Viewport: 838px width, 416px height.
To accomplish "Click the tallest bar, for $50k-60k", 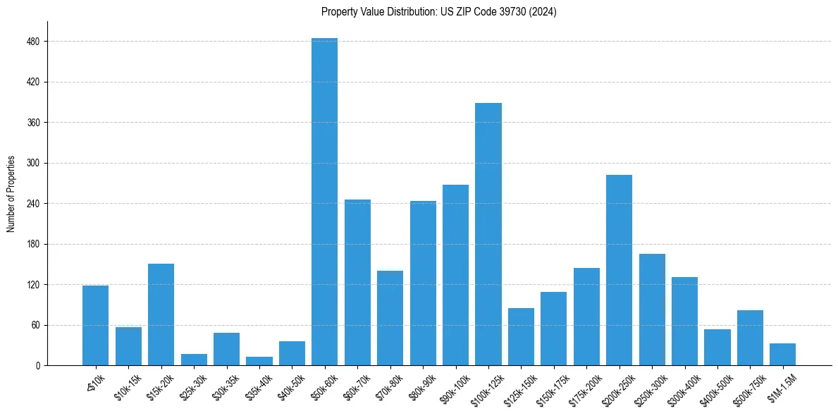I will (324, 202).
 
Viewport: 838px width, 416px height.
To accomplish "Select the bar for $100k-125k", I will (488, 234).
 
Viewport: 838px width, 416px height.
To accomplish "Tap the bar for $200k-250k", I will (619, 270).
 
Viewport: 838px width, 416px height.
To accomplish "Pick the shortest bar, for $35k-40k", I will (259, 361).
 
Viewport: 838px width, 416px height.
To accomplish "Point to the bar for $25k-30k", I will (194, 360).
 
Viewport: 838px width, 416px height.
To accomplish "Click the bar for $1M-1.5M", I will (782, 355).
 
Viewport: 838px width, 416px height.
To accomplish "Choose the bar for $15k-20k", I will (161, 314).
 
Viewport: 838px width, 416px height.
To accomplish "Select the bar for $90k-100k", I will (455, 275).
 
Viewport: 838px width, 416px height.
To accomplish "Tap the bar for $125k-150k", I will (521, 337).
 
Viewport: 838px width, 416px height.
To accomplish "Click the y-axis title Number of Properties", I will (11, 194).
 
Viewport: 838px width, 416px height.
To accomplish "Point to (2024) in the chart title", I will (543, 12).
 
